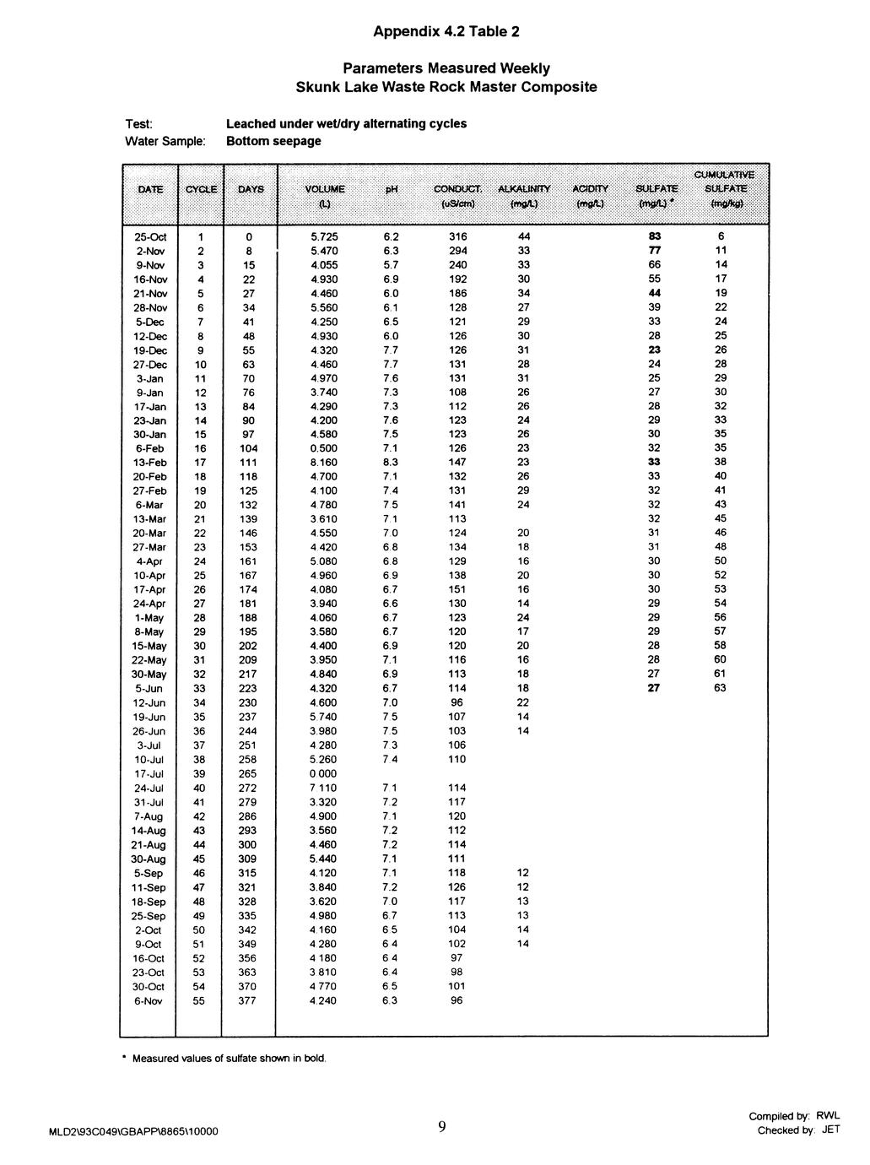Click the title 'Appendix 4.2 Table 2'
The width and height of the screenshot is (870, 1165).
(x=446, y=32)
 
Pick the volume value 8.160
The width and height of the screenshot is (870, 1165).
(x=324, y=463)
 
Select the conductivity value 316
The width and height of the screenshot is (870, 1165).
(x=457, y=236)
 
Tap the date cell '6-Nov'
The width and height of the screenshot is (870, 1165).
(x=149, y=1001)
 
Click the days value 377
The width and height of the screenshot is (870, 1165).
(x=247, y=1001)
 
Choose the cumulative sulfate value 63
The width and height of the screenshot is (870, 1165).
(x=720, y=689)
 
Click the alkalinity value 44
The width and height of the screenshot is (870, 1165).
(x=523, y=236)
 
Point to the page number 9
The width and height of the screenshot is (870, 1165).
(x=442, y=1126)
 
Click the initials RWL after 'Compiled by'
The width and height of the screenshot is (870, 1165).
(x=828, y=1116)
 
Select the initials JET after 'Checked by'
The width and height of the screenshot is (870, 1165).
(x=830, y=1131)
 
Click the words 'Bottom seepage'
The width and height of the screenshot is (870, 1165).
(x=273, y=141)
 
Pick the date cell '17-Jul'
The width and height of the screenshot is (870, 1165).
(x=149, y=774)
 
